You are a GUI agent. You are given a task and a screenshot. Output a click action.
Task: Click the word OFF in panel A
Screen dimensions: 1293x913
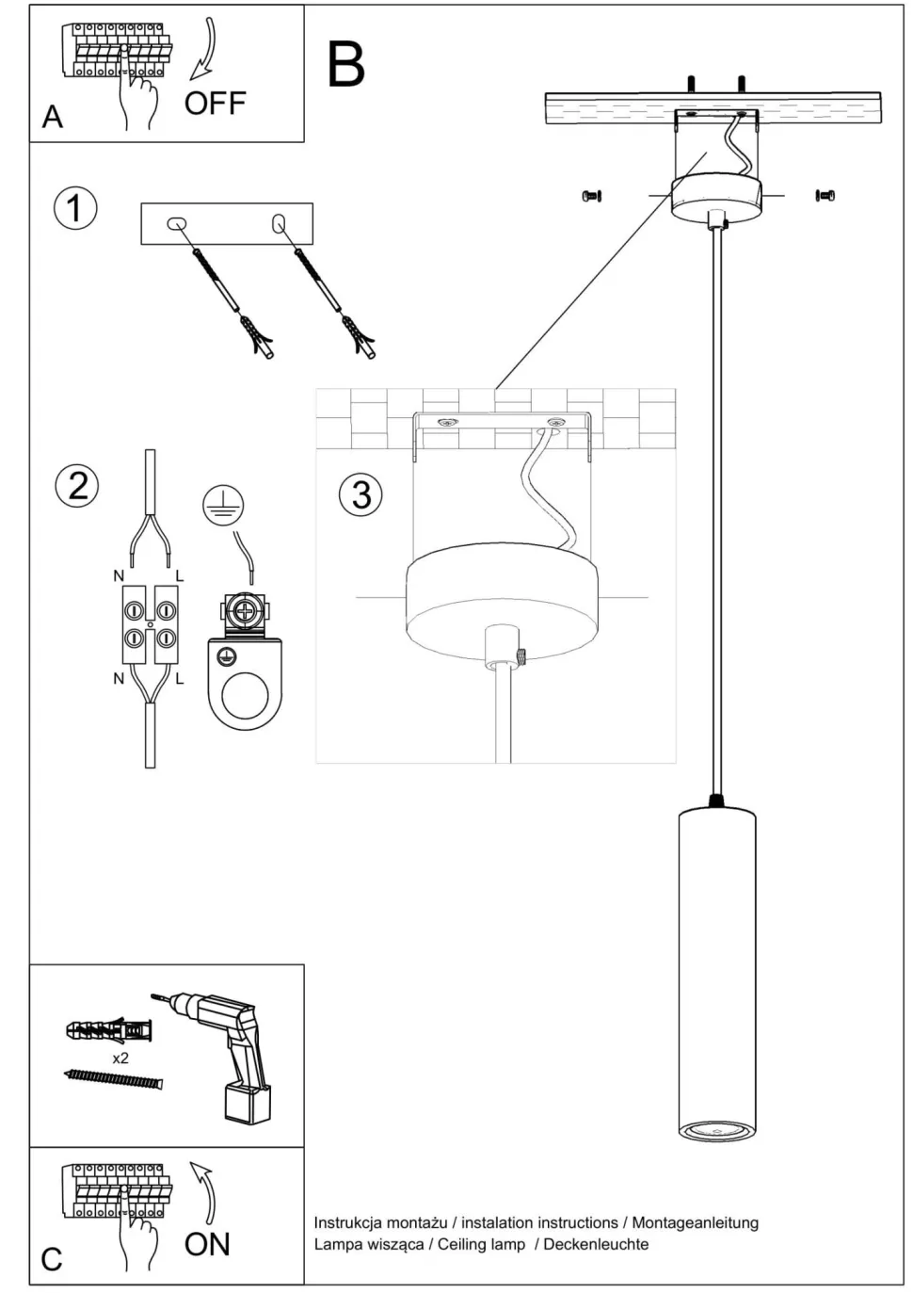(x=215, y=103)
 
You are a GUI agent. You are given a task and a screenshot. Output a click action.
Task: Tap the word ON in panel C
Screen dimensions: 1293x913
(x=207, y=1244)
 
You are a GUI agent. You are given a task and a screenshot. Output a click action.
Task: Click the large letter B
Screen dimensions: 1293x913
(x=345, y=65)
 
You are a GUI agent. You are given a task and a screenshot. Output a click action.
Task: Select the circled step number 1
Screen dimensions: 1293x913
(x=75, y=207)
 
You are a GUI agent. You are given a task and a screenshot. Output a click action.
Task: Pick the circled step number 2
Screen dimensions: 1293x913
(x=77, y=485)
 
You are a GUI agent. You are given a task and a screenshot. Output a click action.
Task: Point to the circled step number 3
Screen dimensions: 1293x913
(x=360, y=494)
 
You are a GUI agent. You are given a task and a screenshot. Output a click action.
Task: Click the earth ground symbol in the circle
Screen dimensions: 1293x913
(x=223, y=507)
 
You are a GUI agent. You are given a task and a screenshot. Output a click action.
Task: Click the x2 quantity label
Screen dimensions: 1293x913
(x=120, y=1058)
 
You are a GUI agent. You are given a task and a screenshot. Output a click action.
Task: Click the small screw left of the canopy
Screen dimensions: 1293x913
(x=592, y=196)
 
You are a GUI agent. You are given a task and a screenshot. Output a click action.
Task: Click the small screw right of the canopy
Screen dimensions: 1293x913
(x=825, y=196)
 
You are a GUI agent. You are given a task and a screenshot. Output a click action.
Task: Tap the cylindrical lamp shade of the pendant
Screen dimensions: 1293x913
(x=716, y=970)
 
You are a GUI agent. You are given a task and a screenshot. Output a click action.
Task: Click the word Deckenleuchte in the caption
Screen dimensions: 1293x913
(x=596, y=1244)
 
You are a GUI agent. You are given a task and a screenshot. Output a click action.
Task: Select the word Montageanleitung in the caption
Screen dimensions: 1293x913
(x=695, y=1222)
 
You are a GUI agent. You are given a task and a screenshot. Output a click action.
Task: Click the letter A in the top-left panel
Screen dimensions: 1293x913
(x=53, y=117)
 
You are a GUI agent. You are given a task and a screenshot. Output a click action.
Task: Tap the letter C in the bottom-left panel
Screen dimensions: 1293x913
(x=52, y=1259)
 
